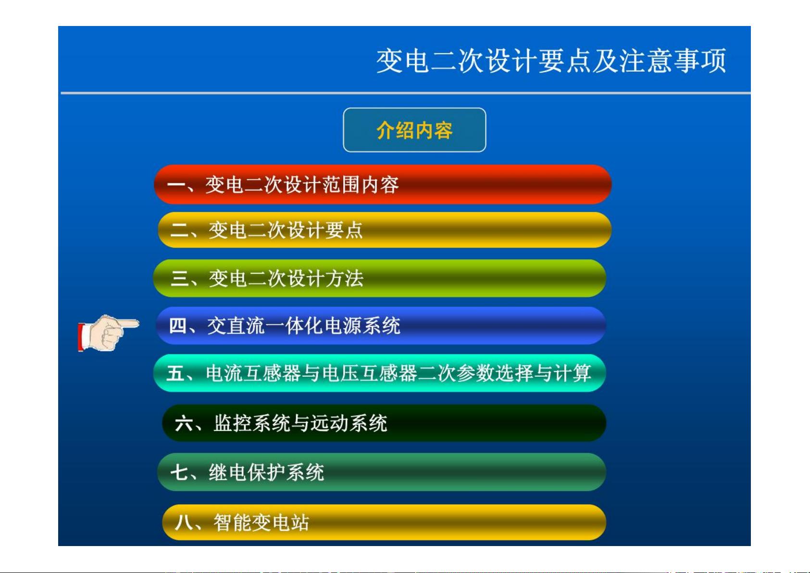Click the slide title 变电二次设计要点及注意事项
(x=551, y=61)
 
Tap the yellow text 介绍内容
(x=414, y=130)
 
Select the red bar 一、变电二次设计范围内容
(x=383, y=184)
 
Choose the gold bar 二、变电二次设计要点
(x=385, y=230)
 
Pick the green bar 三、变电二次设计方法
(x=380, y=278)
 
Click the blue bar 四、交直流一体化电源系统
(x=381, y=325)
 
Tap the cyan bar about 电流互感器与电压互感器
(x=380, y=373)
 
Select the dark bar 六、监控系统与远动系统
(x=384, y=423)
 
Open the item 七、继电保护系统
(x=382, y=472)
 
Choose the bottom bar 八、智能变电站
(x=384, y=522)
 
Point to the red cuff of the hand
(x=80, y=337)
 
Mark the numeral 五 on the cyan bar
(x=176, y=373)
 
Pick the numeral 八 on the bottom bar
(x=184, y=522)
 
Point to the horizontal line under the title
(x=406, y=93)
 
